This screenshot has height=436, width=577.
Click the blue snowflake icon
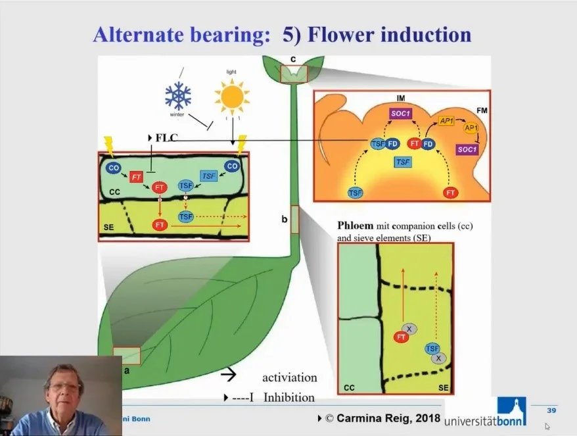click(x=178, y=97)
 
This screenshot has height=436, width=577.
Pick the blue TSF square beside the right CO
click(x=209, y=176)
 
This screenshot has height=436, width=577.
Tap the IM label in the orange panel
click(x=401, y=98)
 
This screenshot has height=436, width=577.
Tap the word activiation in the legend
click(x=289, y=377)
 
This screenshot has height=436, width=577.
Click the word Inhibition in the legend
click(x=288, y=397)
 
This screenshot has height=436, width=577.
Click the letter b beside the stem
click(x=285, y=219)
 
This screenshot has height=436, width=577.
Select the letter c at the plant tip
click(x=292, y=60)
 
